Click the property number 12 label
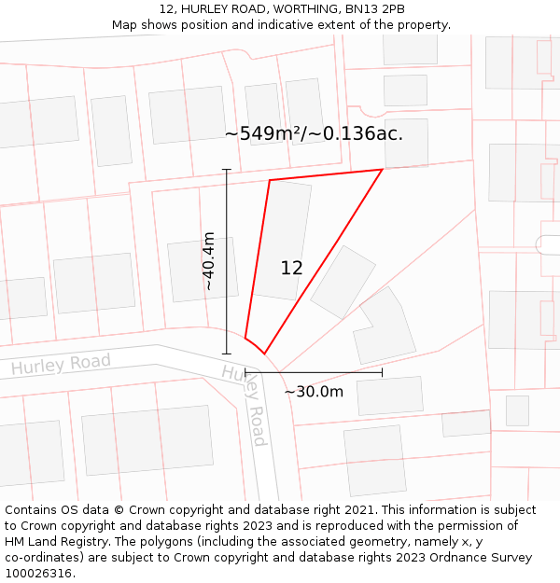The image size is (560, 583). [291, 268]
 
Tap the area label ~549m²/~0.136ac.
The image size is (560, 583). [314, 133]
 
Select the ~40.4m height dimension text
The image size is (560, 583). [209, 261]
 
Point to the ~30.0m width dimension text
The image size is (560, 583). [314, 392]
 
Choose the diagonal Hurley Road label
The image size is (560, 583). [245, 405]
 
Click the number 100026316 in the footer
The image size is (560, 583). [39, 574]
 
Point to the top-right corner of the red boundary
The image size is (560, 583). [383, 170]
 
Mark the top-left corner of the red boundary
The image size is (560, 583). [270, 180]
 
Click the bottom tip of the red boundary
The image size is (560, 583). [264, 354]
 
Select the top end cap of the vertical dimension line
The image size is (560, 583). [227, 170]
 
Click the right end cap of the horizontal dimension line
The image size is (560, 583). [383, 372]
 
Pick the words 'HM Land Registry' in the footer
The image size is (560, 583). [52, 542]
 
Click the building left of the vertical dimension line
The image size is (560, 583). [203, 270]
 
